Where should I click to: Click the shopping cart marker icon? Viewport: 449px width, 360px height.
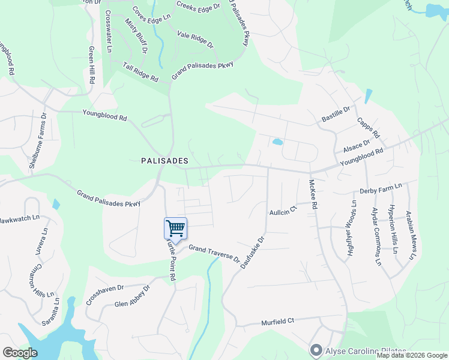click(x=175, y=228)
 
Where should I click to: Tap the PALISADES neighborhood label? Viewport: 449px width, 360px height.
click(x=164, y=161)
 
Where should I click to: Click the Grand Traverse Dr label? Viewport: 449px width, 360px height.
click(x=214, y=253)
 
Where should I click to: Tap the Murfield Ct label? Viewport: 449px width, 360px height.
click(x=277, y=322)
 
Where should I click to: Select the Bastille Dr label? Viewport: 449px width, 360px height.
click(x=336, y=113)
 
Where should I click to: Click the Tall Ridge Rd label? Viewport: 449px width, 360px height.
click(x=140, y=72)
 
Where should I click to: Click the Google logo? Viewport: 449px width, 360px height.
click(x=20, y=353)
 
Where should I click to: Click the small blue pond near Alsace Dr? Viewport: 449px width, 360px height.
click(x=277, y=142)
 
